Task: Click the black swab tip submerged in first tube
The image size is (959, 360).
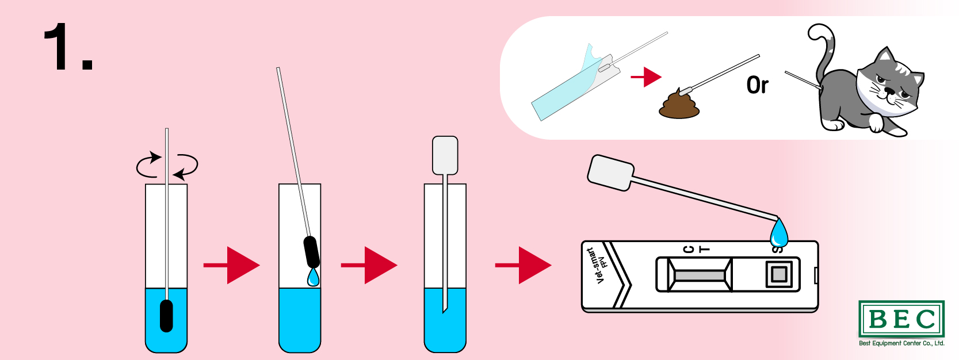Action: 166,316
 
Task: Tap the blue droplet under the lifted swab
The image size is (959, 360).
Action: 314,277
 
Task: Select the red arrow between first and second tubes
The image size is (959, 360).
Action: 232,265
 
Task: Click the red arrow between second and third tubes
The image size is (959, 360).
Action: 369,265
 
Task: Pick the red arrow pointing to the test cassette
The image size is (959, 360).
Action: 523,265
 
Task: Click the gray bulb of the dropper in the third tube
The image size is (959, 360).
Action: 445,155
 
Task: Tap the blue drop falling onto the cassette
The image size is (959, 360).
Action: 779,233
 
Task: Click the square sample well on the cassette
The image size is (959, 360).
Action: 779,274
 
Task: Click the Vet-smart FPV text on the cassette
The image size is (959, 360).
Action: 597,265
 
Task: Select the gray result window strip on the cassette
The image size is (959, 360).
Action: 699,275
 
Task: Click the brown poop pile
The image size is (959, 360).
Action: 679,104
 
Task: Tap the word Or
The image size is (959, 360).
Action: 757,85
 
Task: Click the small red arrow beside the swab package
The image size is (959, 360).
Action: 646,77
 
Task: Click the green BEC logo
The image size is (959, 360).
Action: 901,319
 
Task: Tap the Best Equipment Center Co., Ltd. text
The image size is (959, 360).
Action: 901,343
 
